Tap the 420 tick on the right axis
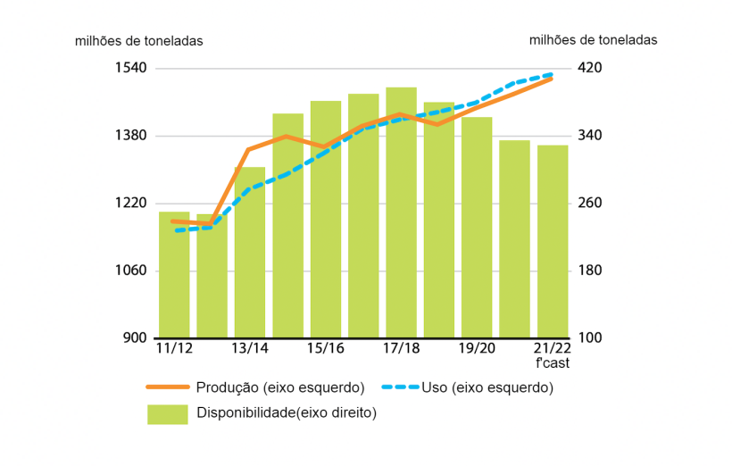click(x=591, y=68)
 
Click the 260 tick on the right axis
click(x=591, y=204)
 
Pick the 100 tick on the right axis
click(x=591, y=338)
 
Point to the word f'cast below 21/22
click(x=553, y=363)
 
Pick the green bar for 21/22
click(x=553, y=241)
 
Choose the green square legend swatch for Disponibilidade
click(x=168, y=413)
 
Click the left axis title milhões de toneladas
click(x=138, y=41)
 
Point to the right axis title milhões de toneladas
click(x=593, y=40)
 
